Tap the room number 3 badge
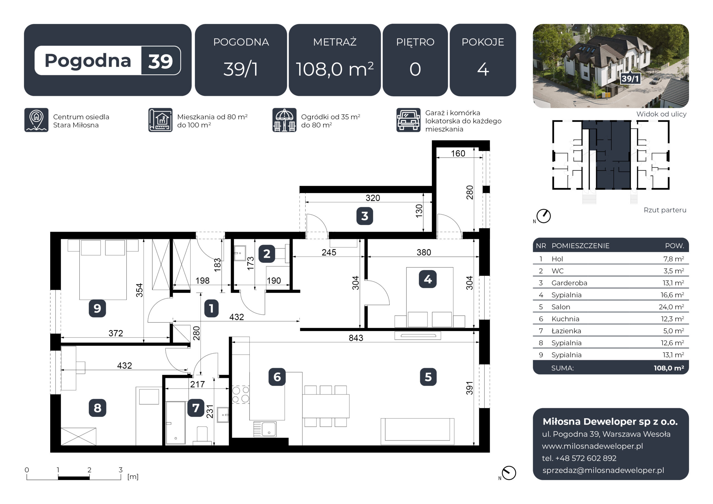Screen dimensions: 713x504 point(365,216)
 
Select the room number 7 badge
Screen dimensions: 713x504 point(196,408)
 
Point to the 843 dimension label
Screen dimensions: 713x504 point(356,338)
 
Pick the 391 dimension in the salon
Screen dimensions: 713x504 point(469,388)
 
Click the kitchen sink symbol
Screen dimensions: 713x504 point(265,429)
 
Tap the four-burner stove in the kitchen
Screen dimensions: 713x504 point(241,395)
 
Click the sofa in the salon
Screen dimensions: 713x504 point(417,431)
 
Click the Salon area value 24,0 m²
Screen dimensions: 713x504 point(671,307)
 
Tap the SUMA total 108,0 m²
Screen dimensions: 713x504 point(669,368)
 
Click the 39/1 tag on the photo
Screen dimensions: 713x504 point(630,78)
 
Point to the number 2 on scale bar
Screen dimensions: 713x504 point(89,469)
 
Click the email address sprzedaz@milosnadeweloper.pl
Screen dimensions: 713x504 point(603,470)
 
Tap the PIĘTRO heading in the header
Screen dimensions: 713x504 point(415,42)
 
